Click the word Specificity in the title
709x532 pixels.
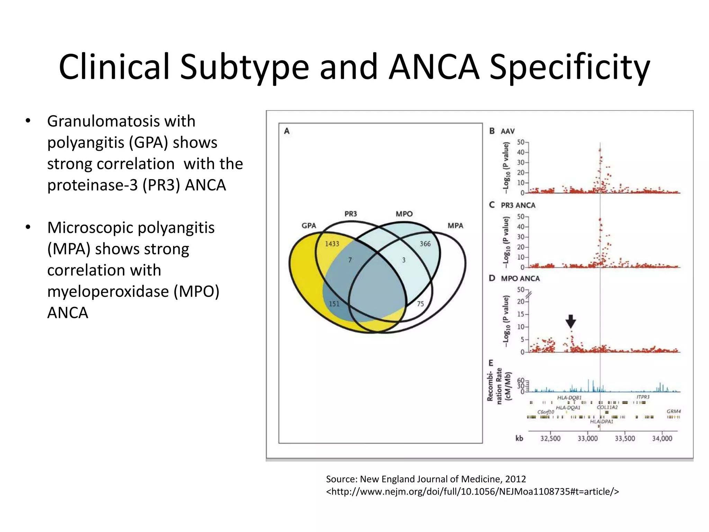click(x=569, y=68)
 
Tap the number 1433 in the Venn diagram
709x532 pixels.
click(x=332, y=244)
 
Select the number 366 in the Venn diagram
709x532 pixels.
click(x=425, y=244)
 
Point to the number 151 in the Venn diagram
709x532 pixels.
click(x=334, y=304)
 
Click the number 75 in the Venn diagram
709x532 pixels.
click(x=420, y=304)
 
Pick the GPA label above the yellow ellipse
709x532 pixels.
click(x=308, y=225)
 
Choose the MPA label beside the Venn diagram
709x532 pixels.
click(x=455, y=225)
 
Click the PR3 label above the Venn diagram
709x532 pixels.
click(x=350, y=214)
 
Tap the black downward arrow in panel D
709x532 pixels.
click(x=571, y=321)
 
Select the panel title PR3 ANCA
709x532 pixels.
click(x=518, y=205)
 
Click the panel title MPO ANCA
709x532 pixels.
click(x=520, y=278)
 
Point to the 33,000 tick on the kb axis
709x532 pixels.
click(x=587, y=438)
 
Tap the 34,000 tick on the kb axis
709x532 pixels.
click(x=662, y=438)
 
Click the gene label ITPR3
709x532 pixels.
click(x=643, y=397)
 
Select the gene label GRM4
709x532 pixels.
click(x=673, y=411)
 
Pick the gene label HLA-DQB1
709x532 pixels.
click(x=569, y=398)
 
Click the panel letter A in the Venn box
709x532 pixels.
click(x=287, y=131)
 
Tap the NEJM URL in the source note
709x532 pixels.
click(x=472, y=491)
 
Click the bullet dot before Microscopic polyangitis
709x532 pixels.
click(x=28, y=228)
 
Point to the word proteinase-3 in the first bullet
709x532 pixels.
click(x=92, y=185)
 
